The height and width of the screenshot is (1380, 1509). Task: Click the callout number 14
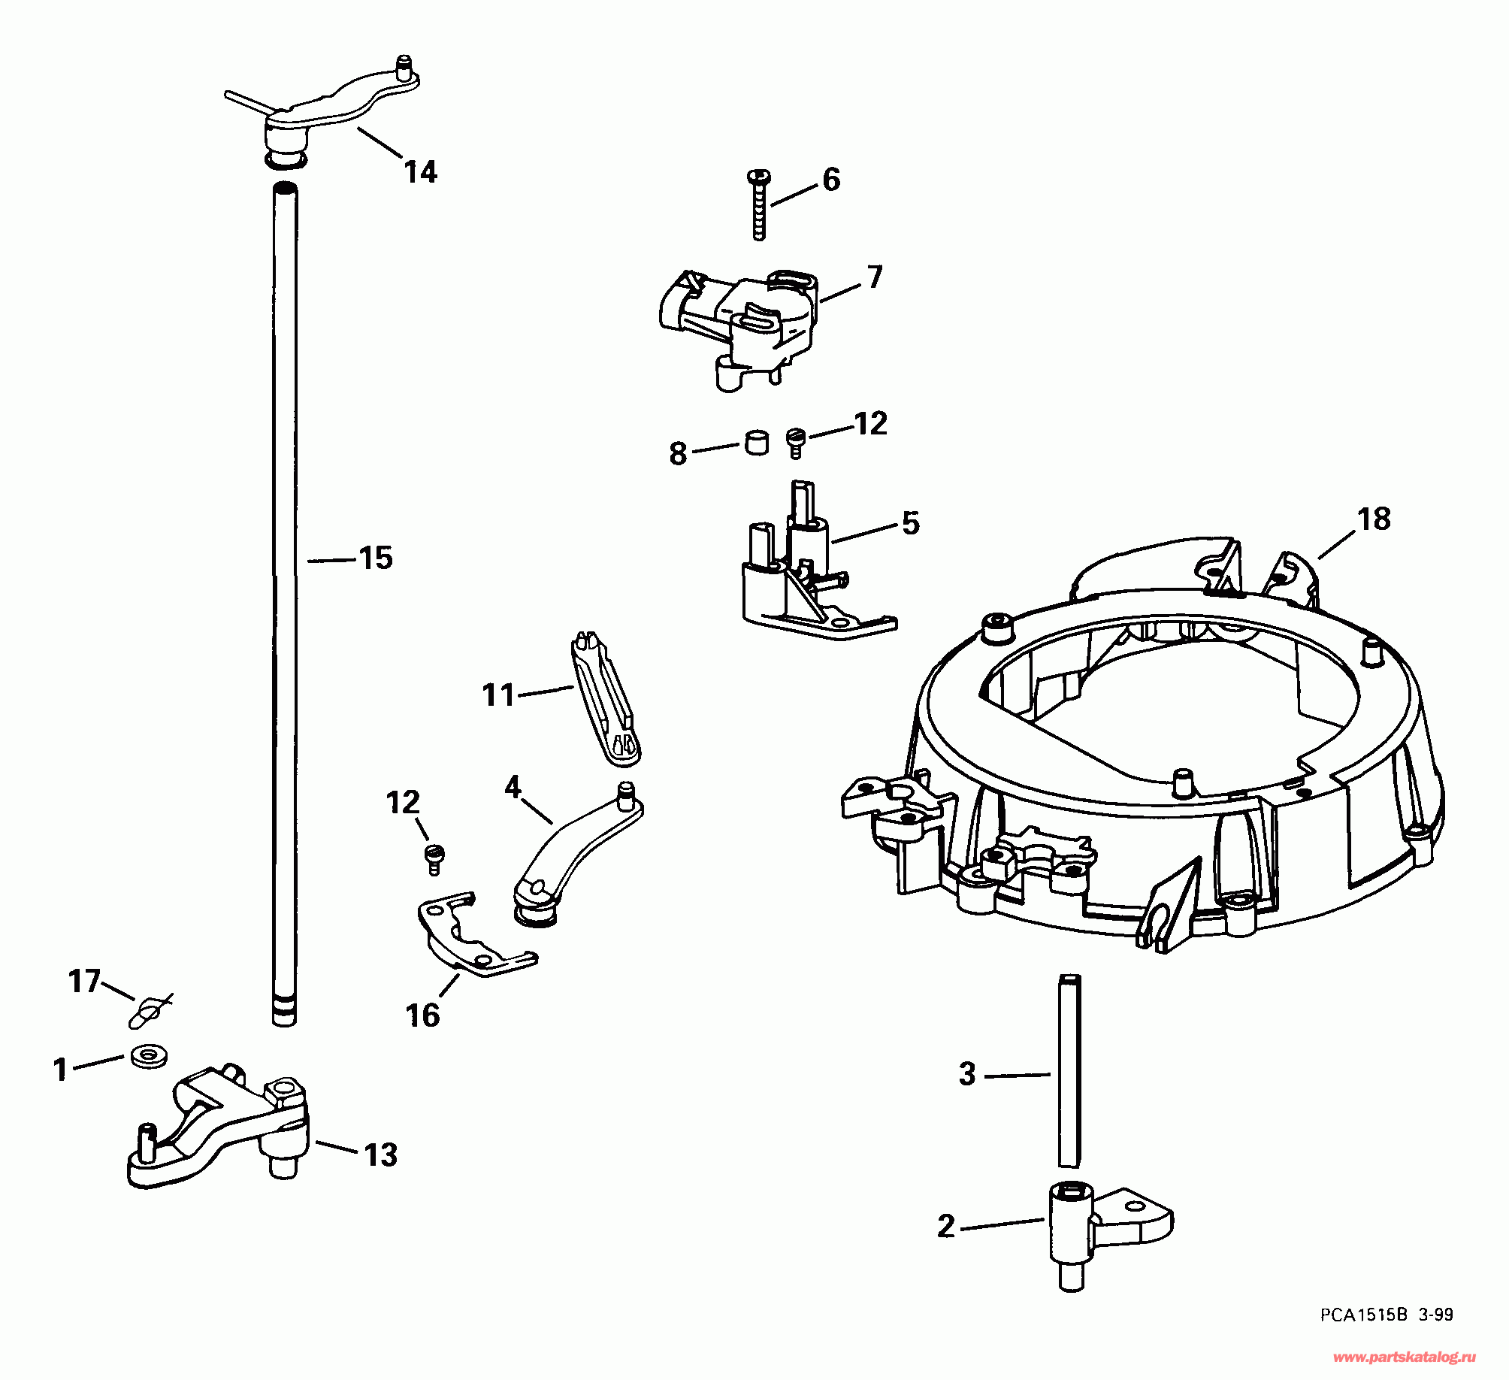click(421, 173)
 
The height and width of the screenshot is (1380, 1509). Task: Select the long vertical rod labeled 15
click(284, 601)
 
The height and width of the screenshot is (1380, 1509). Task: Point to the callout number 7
click(875, 277)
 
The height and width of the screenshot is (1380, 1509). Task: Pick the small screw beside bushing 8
click(795, 442)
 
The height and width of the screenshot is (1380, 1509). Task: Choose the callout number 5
click(911, 523)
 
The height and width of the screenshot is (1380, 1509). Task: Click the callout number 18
click(1374, 519)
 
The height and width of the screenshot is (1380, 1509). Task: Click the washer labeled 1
click(149, 1056)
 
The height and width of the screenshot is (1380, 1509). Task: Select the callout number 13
click(381, 1155)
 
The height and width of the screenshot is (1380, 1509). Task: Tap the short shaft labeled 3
click(1069, 1071)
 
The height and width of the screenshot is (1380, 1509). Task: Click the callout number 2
click(946, 1226)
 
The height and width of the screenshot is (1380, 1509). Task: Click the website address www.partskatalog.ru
click(1404, 1357)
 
